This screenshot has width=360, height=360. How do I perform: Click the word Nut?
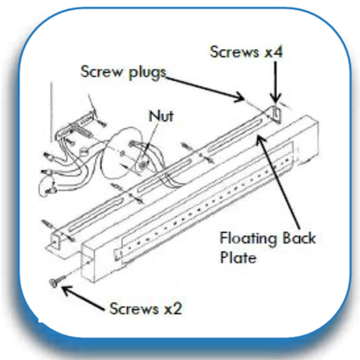click(160, 116)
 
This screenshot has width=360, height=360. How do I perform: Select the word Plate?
click(238, 258)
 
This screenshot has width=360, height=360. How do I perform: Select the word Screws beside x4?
click(233, 51)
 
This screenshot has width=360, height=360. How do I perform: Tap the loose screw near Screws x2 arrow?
click(54, 283)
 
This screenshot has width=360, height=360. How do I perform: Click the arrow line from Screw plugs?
click(206, 86)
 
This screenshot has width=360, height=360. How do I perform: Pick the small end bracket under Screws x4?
click(276, 114)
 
